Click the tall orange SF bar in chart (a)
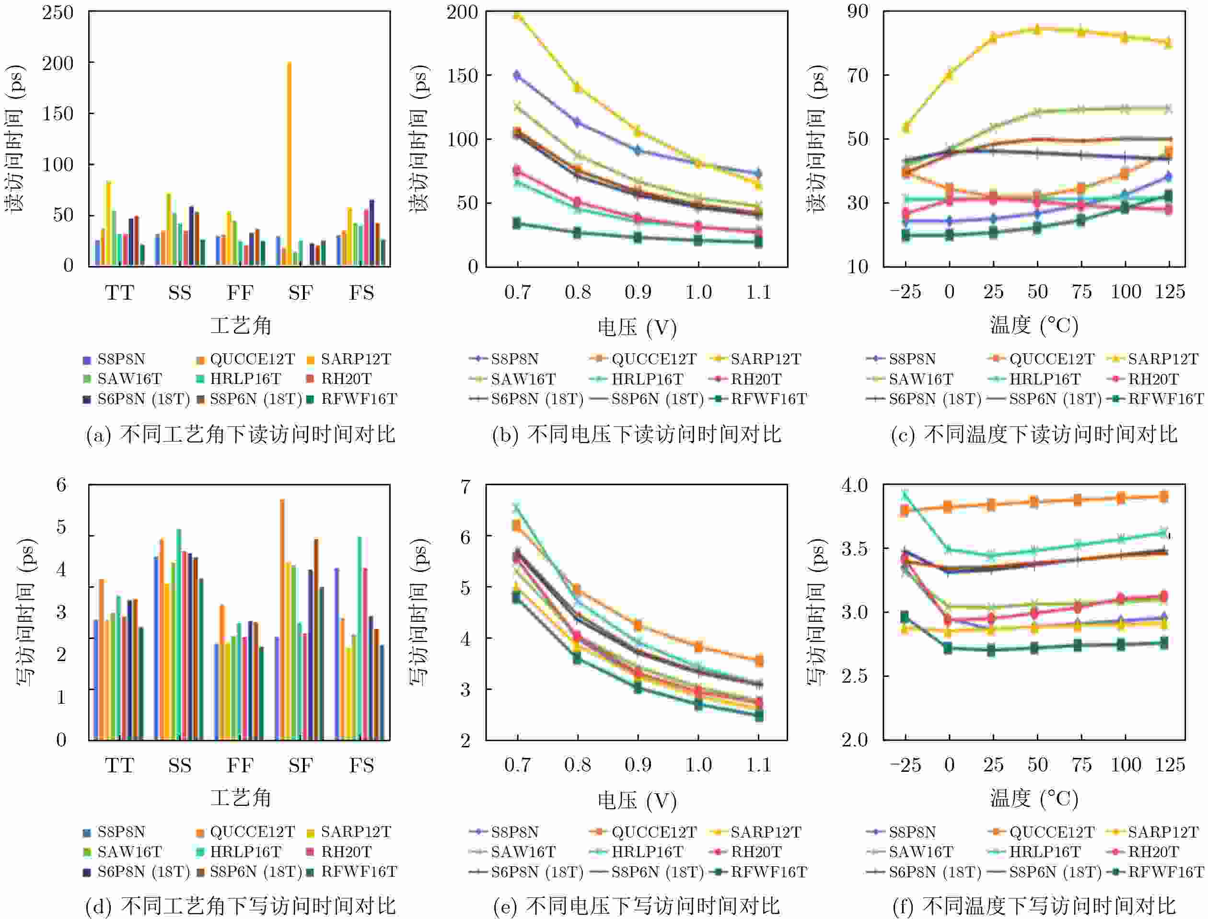289,164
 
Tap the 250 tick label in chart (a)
58,12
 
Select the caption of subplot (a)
241,434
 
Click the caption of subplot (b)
637,434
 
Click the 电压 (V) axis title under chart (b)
637,327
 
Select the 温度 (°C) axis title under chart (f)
1034,799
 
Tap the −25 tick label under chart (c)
905,292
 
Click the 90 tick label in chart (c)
858,12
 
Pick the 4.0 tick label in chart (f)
854,485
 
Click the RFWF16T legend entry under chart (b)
760,399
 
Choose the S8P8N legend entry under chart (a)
115,360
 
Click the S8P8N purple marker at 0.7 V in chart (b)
517,75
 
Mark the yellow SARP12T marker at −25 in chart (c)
906,128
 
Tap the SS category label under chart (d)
180,765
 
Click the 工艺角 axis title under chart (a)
241,326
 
